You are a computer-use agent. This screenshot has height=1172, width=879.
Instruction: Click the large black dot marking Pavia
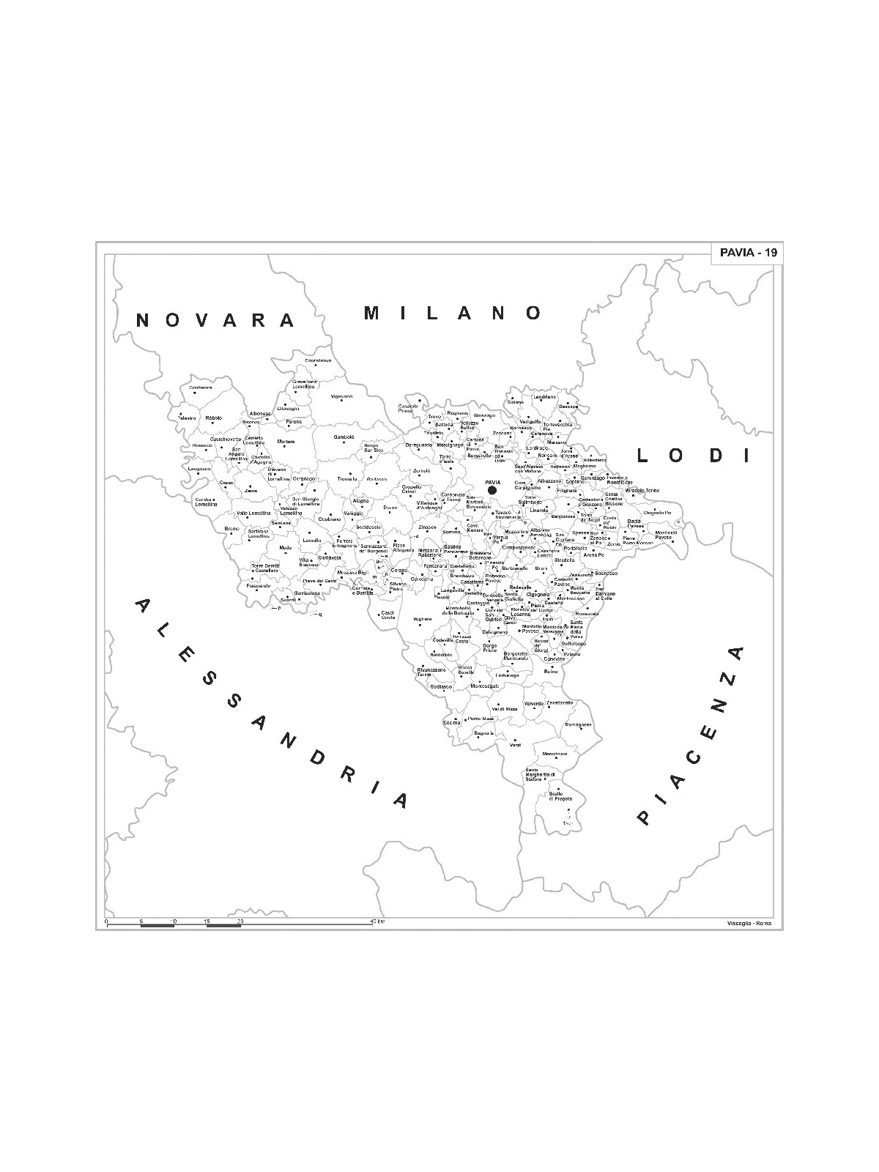pyautogui.click(x=492, y=490)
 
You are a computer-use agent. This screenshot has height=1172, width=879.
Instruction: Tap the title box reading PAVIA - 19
pyautogui.click(x=746, y=253)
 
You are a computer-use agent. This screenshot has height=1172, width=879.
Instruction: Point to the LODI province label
pyautogui.click(x=693, y=456)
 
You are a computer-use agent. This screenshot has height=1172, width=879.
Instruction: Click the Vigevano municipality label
pyautogui.click(x=341, y=396)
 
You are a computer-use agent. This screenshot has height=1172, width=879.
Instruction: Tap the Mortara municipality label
pyautogui.click(x=286, y=442)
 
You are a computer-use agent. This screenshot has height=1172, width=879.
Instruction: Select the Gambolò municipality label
pyautogui.click(x=344, y=437)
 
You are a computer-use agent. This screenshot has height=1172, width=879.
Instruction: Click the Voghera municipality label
pyautogui.click(x=423, y=619)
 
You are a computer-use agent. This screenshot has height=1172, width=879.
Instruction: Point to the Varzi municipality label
pyautogui.click(x=515, y=745)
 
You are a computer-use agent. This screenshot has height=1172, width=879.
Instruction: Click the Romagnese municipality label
pyautogui.click(x=578, y=724)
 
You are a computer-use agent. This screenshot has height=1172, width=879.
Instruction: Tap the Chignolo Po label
pyautogui.click(x=657, y=513)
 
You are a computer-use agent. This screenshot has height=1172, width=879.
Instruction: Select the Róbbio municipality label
pyautogui.click(x=213, y=418)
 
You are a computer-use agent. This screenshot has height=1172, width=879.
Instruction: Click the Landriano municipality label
pyautogui.click(x=544, y=396)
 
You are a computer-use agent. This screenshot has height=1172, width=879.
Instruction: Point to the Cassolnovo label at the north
pyautogui.click(x=319, y=360)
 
